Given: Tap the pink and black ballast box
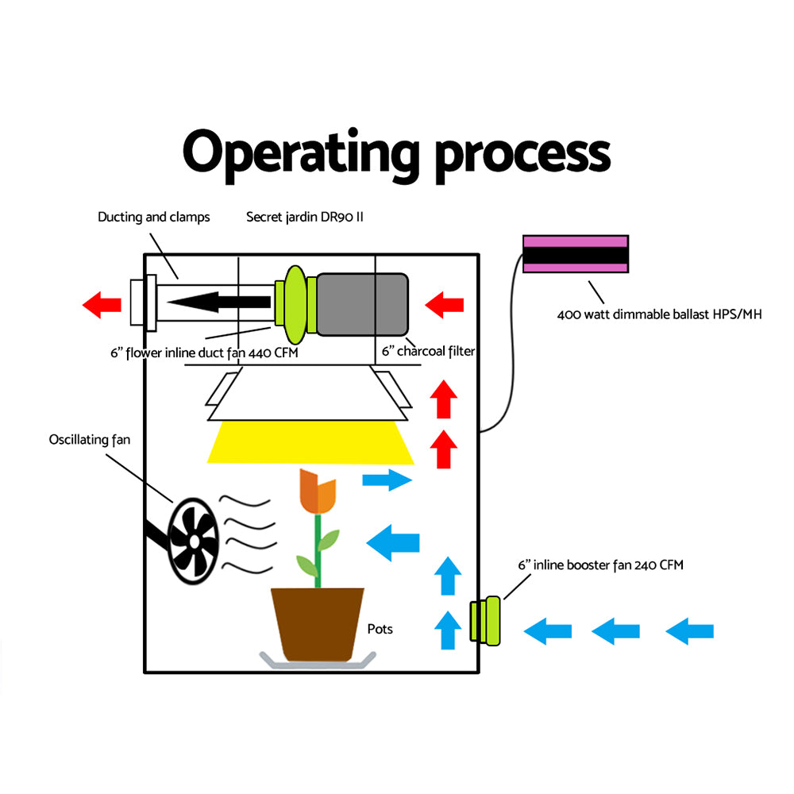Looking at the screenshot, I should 576,254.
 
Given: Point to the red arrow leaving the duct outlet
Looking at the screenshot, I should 102,303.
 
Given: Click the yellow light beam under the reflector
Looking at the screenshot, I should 310,443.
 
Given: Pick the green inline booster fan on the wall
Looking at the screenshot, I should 484,622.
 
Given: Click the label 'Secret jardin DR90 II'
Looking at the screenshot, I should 304,217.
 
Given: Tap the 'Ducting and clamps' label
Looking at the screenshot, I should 154,217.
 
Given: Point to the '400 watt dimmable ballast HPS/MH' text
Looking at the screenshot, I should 659,314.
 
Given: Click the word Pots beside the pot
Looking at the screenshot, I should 380,629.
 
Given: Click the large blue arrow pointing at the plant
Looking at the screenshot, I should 393,543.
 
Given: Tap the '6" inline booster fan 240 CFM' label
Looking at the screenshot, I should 600,565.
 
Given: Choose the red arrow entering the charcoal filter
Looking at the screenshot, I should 445,303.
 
